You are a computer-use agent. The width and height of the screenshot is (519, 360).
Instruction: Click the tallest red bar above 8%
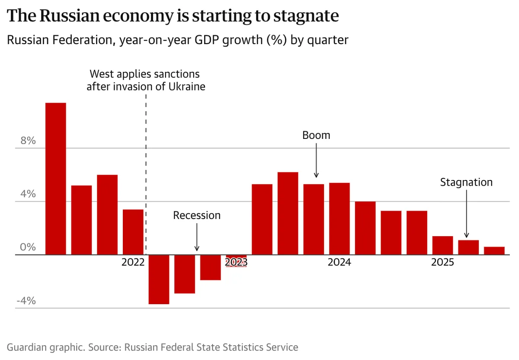[x=56, y=178]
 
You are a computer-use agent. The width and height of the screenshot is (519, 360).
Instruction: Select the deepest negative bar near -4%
[x=159, y=280]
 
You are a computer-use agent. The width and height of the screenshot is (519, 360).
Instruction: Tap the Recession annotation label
[x=197, y=215]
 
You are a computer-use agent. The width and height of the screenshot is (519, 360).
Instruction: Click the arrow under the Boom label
[x=316, y=160]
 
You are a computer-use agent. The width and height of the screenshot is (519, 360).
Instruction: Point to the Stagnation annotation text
[x=466, y=182]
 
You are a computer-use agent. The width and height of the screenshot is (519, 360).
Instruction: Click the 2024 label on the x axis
[x=339, y=262]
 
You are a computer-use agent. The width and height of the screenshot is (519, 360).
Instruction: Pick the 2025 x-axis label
[x=442, y=262]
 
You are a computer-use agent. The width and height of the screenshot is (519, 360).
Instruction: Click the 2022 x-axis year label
[x=133, y=262]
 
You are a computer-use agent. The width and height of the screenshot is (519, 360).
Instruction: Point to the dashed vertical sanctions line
[x=146, y=173]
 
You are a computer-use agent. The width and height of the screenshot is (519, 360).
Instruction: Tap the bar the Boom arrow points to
[x=314, y=219]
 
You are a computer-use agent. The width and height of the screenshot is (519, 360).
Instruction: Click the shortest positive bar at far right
[x=494, y=251]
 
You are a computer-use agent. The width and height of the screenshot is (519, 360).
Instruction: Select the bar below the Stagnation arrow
[x=468, y=247]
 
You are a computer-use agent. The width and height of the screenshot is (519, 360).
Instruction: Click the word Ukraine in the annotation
[x=186, y=86]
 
